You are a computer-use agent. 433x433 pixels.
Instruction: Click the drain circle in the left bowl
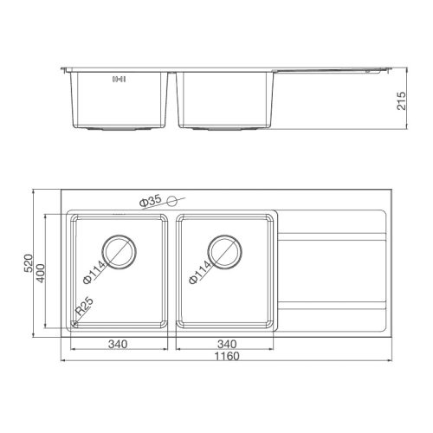120,248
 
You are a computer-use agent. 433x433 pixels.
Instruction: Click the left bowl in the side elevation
119,100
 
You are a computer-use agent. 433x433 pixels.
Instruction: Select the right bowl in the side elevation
225,100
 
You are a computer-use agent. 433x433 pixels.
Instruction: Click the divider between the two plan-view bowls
172,268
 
